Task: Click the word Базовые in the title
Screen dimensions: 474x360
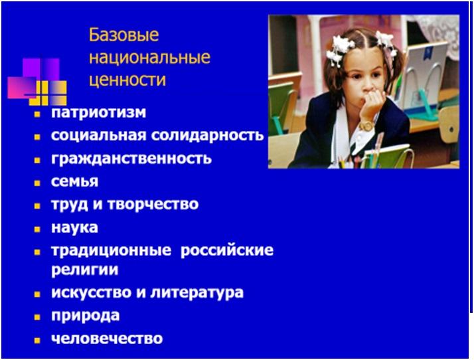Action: [x=123, y=35]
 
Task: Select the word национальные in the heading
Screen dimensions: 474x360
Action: [x=149, y=57]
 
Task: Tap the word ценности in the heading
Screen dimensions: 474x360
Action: [x=127, y=80]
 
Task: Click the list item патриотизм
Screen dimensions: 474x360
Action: [x=98, y=112]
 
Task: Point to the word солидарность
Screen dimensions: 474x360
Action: [x=207, y=135]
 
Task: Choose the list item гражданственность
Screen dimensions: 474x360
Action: [x=131, y=158]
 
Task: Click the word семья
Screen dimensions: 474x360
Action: [x=74, y=181]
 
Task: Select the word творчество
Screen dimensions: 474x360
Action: [x=153, y=204]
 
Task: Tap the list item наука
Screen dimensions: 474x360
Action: [x=74, y=228]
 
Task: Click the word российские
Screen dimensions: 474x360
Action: [x=227, y=250]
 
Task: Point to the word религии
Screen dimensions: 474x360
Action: [x=85, y=269]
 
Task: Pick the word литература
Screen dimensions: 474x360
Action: [x=197, y=292]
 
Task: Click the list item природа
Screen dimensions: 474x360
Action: [x=85, y=316]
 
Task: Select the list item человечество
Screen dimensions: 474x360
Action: [x=107, y=338]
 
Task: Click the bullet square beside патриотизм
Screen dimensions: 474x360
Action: [x=37, y=114]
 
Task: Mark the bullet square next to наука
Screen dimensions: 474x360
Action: [x=37, y=229]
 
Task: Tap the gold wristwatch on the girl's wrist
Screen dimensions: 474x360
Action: [x=366, y=126]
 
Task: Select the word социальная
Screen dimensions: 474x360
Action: [x=98, y=135]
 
